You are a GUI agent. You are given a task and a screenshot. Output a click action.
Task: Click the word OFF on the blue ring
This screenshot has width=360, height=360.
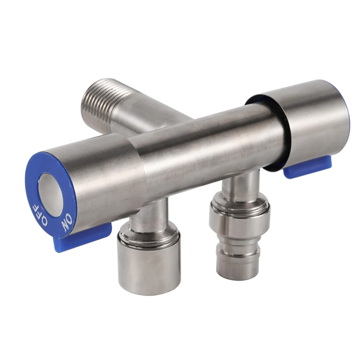pyautogui.click(x=40, y=215)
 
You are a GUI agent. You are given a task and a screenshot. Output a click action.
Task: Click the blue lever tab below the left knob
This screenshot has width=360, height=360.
pyautogui.click(x=83, y=238)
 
